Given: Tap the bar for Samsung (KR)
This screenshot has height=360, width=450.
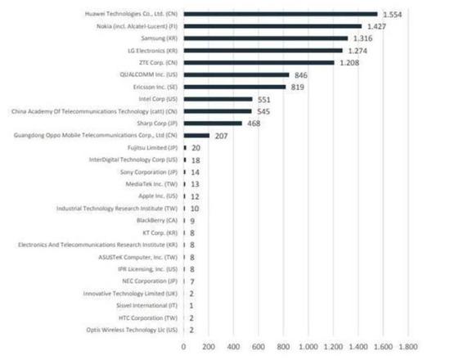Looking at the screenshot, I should (266, 38).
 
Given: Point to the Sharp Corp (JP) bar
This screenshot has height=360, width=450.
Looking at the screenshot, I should (213, 123).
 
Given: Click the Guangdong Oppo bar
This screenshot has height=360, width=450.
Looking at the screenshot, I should (196, 135).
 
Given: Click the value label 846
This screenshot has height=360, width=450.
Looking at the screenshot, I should (301, 75).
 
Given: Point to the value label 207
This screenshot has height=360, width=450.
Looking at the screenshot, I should (221, 136).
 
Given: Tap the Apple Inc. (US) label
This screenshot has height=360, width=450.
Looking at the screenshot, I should (155, 196).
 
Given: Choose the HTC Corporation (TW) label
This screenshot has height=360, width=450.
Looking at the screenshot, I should (145, 317).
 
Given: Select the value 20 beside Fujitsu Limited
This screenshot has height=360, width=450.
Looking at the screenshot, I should (196, 147).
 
